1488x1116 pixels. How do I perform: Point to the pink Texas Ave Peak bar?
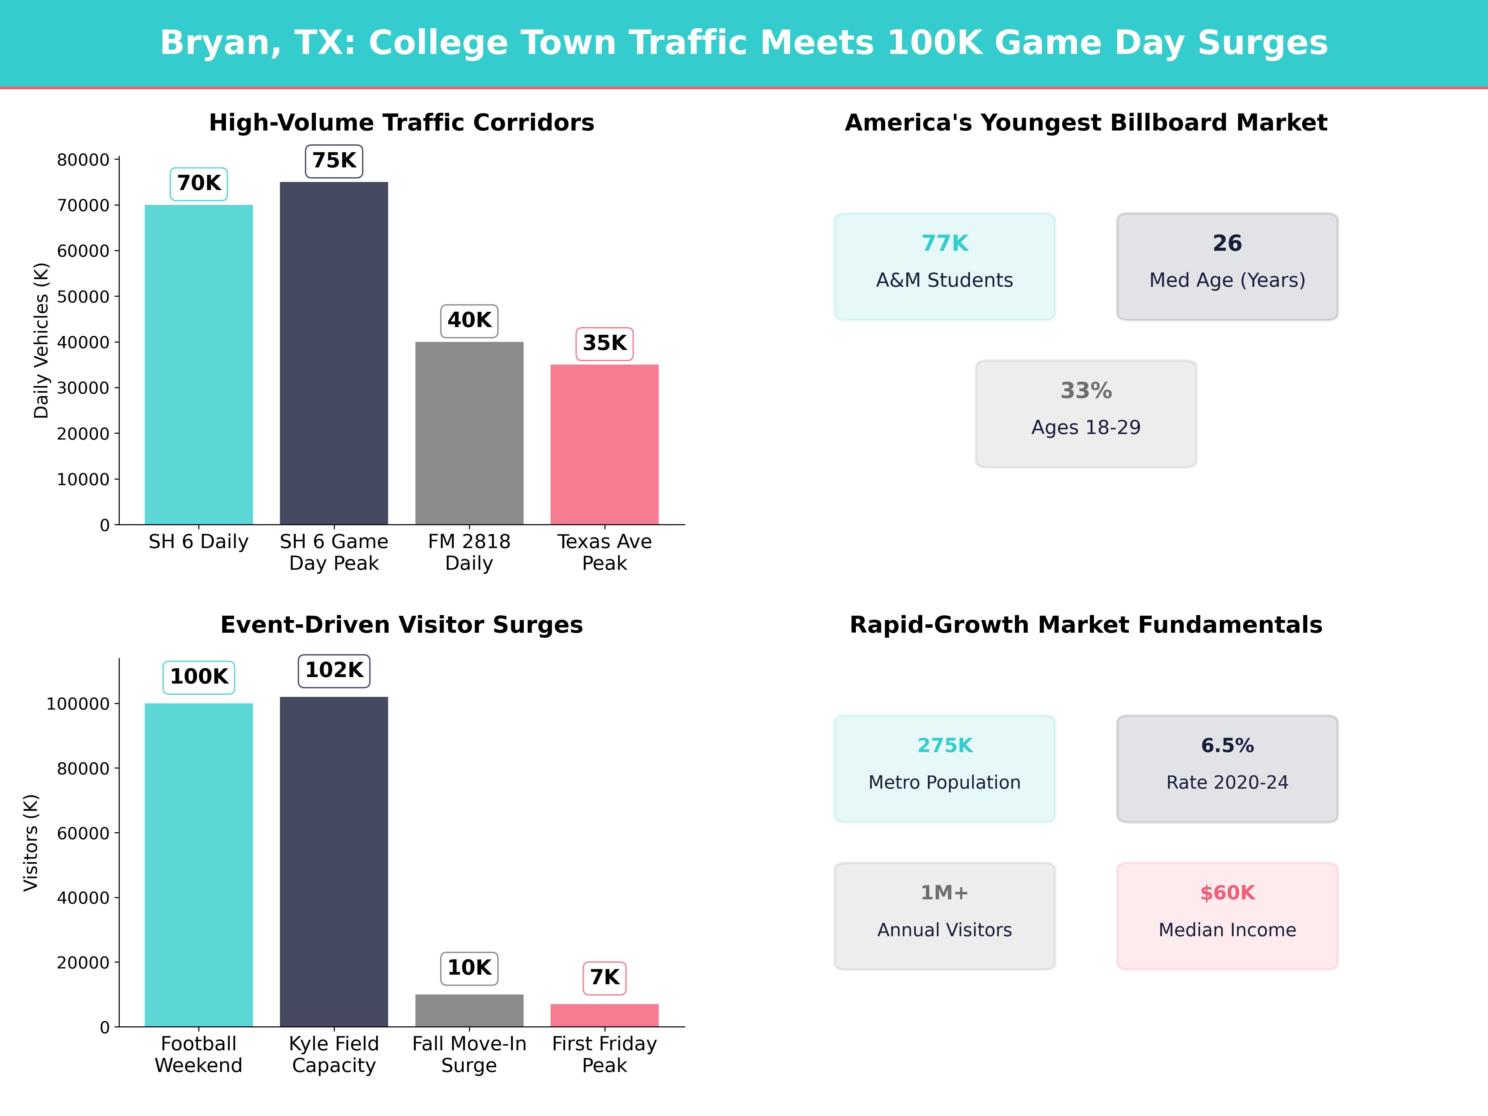click(x=604, y=444)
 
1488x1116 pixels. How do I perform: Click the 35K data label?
click(x=604, y=343)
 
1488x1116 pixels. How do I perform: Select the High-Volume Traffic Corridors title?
click(x=401, y=122)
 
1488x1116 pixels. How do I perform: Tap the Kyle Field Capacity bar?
click(x=334, y=861)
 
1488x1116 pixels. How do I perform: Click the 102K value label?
click(x=334, y=670)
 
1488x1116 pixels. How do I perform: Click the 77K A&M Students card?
click(x=945, y=266)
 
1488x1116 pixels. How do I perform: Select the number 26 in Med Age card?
click(x=1227, y=243)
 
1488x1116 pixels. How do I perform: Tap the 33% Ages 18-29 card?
click(x=1086, y=414)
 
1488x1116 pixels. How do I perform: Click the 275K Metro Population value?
click(x=945, y=745)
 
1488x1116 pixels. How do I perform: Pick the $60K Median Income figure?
click(x=1227, y=893)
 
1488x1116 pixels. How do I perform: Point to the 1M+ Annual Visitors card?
click(x=945, y=915)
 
